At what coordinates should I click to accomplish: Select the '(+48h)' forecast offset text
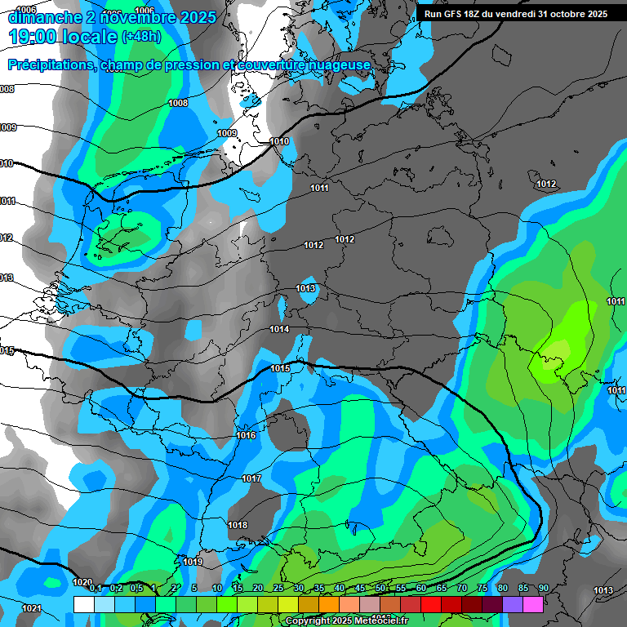pyautogui.click(x=141, y=37)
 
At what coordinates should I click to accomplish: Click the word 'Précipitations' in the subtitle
pyautogui.click(x=53, y=64)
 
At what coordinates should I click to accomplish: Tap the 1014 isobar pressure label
pyautogui.click(x=279, y=329)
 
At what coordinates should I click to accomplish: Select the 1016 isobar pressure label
pyautogui.click(x=246, y=435)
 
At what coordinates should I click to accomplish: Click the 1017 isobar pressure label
pyautogui.click(x=251, y=478)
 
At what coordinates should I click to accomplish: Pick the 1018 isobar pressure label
pyautogui.click(x=238, y=525)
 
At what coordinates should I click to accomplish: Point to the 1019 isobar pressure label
pyautogui.click(x=193, y=562)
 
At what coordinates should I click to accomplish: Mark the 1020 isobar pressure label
pyautogui.click(x=82, y=582)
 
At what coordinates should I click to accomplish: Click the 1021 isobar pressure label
pyautogui.click(x=31, y=608)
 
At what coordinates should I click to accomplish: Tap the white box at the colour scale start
pyautogui.click(x=83, y=604)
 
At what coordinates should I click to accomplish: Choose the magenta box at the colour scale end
pyautogui.click(x=533, y=604)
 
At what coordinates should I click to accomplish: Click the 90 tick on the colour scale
pyautogui.click(x=544, y=589)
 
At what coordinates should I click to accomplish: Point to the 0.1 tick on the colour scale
pyautogui.click(x=95, y=589)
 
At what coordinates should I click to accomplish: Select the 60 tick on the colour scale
pyautogui.click(x=421, y=589)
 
